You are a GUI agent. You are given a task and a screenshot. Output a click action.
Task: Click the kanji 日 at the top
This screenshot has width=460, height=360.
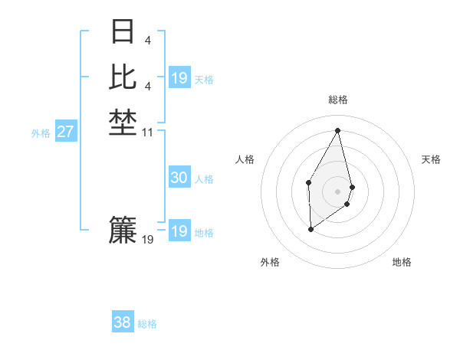pyautogui.click(x=123, y=31)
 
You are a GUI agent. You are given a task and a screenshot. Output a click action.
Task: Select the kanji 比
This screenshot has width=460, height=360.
pyautogui.click(x=123, y=77)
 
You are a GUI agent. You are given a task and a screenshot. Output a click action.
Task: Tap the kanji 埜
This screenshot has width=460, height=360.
pyautogui.click(x=123, y=125)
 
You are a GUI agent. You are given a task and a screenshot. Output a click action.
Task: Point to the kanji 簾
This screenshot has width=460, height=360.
pyautogui.click(x=123, y=231)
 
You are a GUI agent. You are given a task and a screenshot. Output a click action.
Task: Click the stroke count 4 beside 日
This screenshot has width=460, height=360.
pyautogui.click(x=147, y=40)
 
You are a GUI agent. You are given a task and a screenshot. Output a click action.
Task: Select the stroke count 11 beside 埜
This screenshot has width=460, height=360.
pyautogui.click(x=148, y=133)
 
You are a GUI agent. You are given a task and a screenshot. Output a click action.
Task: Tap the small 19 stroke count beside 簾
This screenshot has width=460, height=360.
pyautogui.click(x=148, y=240)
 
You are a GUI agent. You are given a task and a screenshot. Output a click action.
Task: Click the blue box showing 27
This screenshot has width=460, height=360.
pyautogui.click(x=65, y=132)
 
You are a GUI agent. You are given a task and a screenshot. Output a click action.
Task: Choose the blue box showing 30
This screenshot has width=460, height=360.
pyautogui.click(x=179, y=178)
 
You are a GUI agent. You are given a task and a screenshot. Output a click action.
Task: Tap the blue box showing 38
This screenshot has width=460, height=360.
pyautogui.click(x=122, y=322)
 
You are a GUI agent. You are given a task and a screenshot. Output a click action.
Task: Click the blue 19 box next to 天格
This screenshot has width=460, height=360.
pyautogui.click(x=179, y=78)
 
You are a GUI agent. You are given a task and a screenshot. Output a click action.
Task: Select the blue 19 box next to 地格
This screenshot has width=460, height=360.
pyautogui.click(x=179, y=231)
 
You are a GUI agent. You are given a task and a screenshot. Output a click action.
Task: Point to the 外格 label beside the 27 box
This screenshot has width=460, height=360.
pyautogui.click(x=41, y=133)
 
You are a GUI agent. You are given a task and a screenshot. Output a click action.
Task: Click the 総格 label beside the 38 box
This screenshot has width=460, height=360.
pyautogui.click(x=147, y=324)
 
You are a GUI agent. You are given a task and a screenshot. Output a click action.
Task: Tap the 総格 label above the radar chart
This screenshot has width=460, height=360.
pyautogui.click(x=337, y=100)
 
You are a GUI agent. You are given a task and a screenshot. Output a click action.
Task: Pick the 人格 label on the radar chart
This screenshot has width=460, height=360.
pyautogui.click(x=245, y=159)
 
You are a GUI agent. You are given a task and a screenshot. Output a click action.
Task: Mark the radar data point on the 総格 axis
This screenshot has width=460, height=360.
pyautogui.click(x=337, y=130)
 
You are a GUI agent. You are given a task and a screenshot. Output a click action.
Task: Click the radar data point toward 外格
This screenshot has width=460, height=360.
pyautogui.click(x=310, y=228)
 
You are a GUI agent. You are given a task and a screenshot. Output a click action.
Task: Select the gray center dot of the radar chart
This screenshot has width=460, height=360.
pyautogui.click(x=337, y=191)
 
